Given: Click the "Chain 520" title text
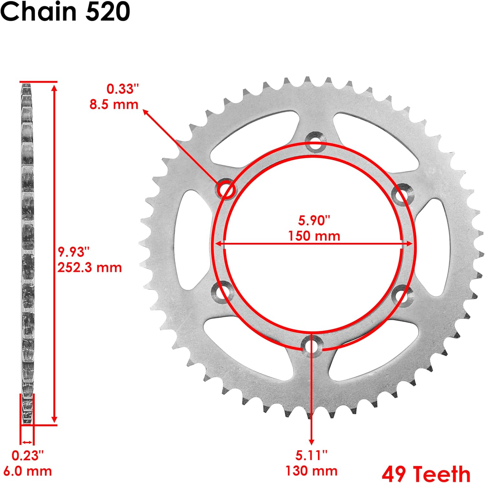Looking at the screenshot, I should pos(65,12).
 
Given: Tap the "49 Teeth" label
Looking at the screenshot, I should pos(426,474).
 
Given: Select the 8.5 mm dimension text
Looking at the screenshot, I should pos(114,104).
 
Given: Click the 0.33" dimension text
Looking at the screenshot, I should pos(123,89).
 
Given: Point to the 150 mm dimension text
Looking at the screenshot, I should pos(314,236).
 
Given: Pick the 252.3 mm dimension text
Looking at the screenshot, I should pos(90,268).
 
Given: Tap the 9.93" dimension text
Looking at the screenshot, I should pos(73,252).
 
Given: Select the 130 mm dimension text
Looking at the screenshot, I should pos(311,471).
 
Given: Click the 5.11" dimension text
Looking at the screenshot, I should pos(311,455).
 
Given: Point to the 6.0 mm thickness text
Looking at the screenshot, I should pos(27,471).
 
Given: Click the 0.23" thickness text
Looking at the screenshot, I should pos(27,455).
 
